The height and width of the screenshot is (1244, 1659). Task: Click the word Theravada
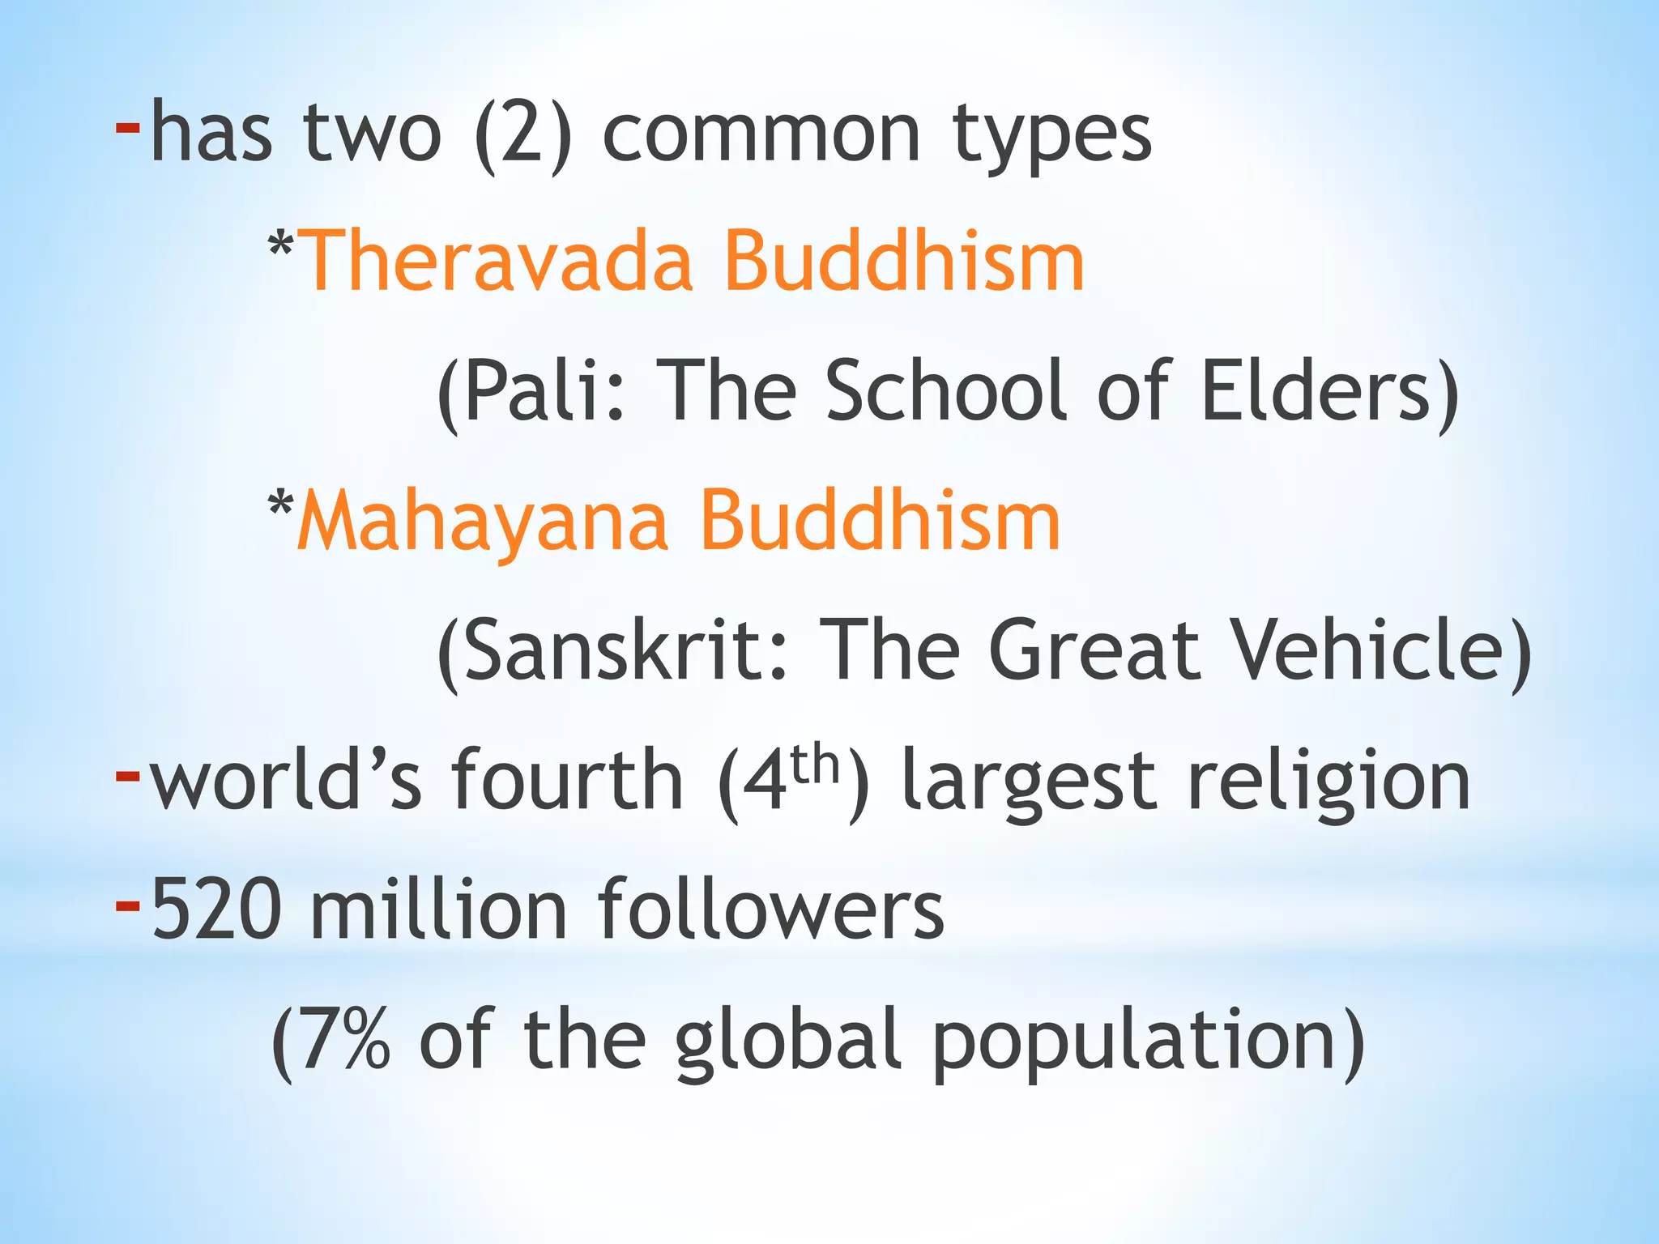[497, 261]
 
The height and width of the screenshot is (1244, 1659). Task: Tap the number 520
[217, 910]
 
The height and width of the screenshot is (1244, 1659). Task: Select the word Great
[1094, 650]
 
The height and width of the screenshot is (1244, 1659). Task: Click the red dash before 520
[128, 905]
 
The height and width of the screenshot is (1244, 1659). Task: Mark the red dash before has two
[128, 126]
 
